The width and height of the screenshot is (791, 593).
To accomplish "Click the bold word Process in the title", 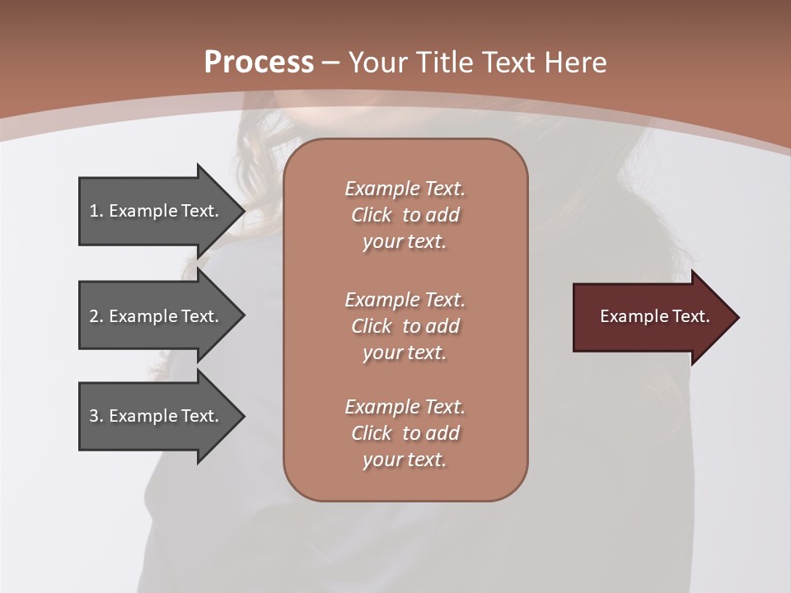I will pyautogui.click(x=259, y=63).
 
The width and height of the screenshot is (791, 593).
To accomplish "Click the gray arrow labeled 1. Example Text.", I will pyautogui.click(x=157, y=211).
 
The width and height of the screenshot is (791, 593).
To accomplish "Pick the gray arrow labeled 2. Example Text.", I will pyautogui.click(x=157, y=316).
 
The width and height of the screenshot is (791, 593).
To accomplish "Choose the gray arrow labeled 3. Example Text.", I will pyautogui.click(x=157, y=416).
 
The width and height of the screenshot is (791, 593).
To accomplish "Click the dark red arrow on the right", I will pyautogui.click(x=651, y=317).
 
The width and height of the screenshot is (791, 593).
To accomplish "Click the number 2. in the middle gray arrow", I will pyautogui.click(x=96, y=316).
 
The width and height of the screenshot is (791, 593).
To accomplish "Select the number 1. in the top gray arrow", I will pyautogui.click(x=96, y=211).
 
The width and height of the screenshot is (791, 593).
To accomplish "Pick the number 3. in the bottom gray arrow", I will pyautogui.click(x=96, y=416).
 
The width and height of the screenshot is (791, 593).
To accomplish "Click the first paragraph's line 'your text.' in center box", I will pyautogui.click(x=405, y=242).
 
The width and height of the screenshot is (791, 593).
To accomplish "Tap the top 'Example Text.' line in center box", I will pyautogui.click(x=405, y=189).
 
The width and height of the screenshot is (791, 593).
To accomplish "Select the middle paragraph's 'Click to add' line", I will pyautogui.click(x=405, y=326).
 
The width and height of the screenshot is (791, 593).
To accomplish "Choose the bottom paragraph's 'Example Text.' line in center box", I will pyautogui.click(x=405, y=407).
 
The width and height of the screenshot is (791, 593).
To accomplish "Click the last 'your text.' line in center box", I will pyautogui.click(x=405, y=460).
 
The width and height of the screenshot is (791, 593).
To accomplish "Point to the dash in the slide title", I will pyautogui.click(x=331, y=63).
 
